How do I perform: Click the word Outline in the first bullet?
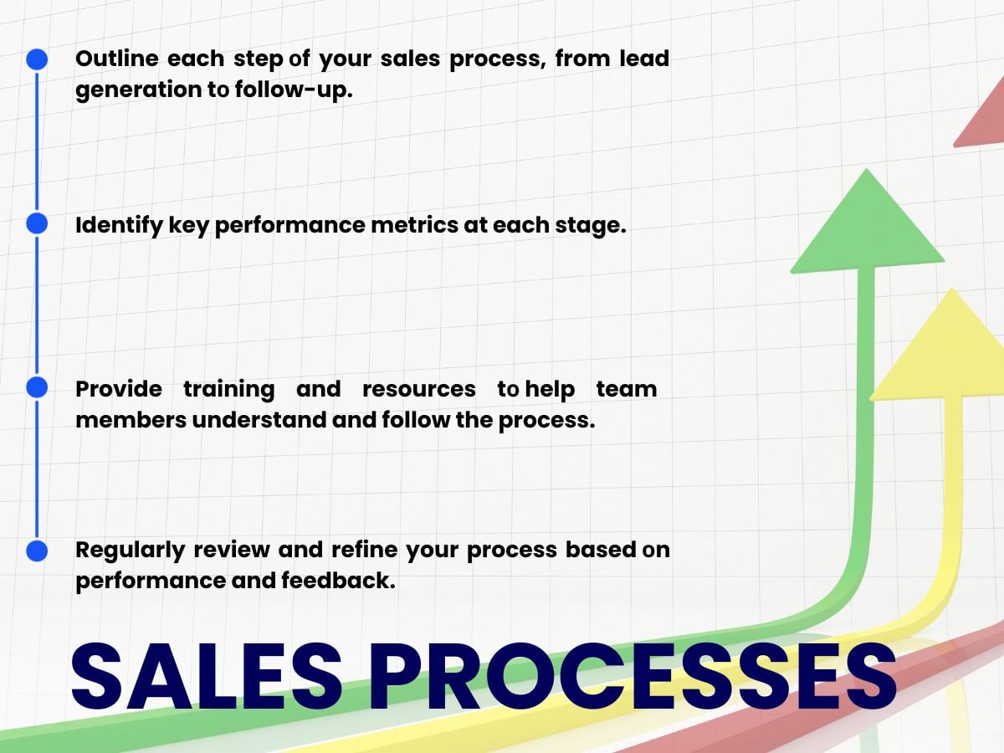tap(117, 59)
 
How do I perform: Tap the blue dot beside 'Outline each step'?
tap(37, 59)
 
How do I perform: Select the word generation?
tap(139, 90)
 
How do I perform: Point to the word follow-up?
tap(294, 90)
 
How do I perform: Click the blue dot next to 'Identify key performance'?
tap(37, 223)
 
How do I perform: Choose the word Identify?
tap(120, 225)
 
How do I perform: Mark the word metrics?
tap(414, 225)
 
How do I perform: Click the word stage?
tap(591, 226)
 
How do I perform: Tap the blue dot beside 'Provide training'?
tap(37, 387)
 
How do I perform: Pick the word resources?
tap(419, 390)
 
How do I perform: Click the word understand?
tap(259, 420)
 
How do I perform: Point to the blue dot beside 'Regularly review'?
tap(37, 551)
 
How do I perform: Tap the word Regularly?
tap(131, 551)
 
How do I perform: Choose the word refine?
tap(365, 550)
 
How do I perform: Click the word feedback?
tap(339, 581)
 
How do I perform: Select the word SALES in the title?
tap(207, 677)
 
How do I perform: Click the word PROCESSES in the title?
tap(633, 677)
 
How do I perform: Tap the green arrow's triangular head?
tap(868, 228)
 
